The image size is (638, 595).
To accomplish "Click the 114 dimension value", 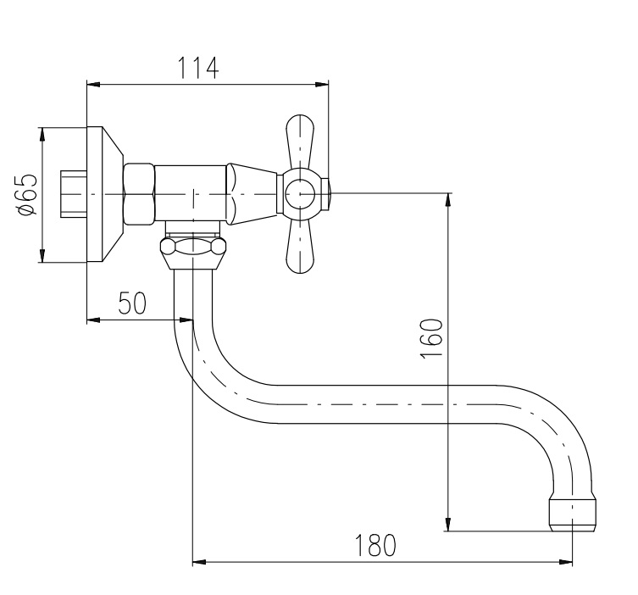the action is (198, 68).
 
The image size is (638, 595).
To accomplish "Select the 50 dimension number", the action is (132, 303).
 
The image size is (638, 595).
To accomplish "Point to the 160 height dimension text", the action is (430, 338).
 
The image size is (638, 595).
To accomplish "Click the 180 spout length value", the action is (375, 545).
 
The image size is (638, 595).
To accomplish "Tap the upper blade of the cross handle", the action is (300, 142).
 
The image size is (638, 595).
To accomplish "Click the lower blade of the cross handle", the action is (300, 247).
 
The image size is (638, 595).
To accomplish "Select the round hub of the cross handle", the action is (300, 195).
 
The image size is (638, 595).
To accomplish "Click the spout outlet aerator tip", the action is (573, 513).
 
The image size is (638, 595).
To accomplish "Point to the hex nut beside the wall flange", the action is (139, 195).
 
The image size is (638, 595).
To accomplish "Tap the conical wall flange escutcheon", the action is (105, 194).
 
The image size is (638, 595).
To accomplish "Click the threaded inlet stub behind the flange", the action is (74, 194).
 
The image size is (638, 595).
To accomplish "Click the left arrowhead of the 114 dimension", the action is (93, 84).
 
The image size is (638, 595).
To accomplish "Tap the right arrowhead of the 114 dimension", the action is (322, 84).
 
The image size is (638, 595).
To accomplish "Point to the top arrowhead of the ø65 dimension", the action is (42, 134).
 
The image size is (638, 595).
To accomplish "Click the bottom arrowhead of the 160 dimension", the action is (448, 524).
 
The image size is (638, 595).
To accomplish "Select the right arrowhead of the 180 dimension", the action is (566, 562).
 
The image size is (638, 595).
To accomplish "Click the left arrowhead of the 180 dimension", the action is (199, 562).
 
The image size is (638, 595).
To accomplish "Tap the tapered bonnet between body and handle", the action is (252, 194).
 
